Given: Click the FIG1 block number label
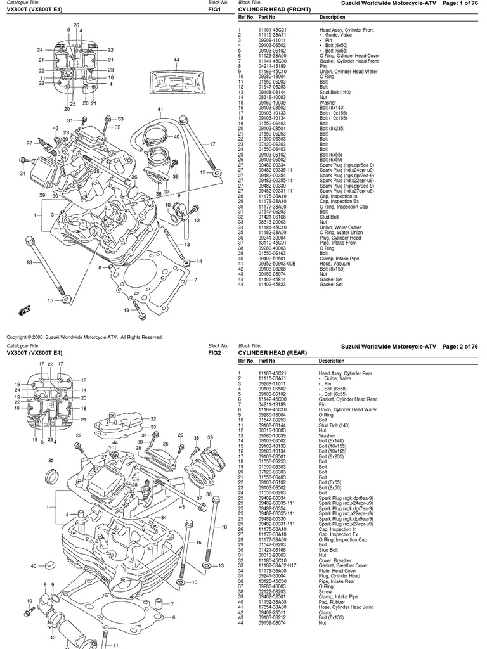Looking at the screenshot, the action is (x=214, y=9).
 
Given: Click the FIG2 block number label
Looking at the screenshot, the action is (x=214, y=353).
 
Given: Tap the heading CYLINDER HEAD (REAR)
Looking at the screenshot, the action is (x=273, y=353).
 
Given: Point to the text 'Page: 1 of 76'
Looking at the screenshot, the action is (x=460, y=3).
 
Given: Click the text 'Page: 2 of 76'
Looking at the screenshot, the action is (x=460, y=347).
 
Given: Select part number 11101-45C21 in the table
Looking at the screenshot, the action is (x=272, y=30).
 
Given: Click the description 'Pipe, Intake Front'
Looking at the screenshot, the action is (x=338, y=243).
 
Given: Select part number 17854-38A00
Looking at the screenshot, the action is (x=272, y=607).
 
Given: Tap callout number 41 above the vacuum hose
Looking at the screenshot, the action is (x=160, y=110).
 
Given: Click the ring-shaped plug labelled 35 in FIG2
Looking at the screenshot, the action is (x=51, y=475).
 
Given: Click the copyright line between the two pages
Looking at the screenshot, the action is (x=84, y=337).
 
